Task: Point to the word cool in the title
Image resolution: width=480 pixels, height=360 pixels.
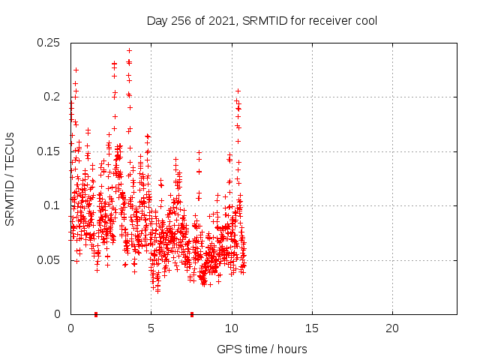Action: (364, 20)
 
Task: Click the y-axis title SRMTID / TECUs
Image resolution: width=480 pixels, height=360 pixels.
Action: (10, 178)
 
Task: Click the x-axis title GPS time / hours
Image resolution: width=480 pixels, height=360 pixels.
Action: (262, 349)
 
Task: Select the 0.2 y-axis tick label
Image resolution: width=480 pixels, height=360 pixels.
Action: (52, 97)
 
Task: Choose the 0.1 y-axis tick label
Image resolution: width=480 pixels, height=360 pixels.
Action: (52, 205)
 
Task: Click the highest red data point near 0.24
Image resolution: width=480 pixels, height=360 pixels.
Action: (129, 51)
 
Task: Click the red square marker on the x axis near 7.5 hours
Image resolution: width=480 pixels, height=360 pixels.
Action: (192, 314)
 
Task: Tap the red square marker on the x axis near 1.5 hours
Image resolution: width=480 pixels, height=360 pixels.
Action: (95, 314)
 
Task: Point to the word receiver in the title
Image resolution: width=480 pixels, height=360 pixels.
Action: (328, 20)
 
